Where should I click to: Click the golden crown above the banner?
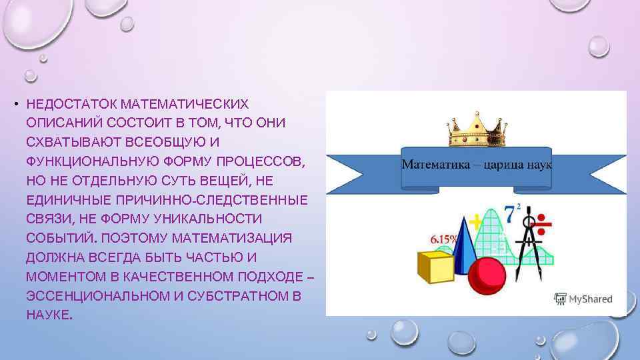tap(475, 130)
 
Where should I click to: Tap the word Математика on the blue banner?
tap(429, 164)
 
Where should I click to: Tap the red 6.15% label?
tap(444, 238)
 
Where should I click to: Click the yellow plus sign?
tap(476, 220)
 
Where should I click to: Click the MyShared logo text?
tap(590, 299)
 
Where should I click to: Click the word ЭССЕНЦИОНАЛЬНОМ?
tap(97, 295)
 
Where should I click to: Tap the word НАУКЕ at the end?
tap(49, 314)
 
